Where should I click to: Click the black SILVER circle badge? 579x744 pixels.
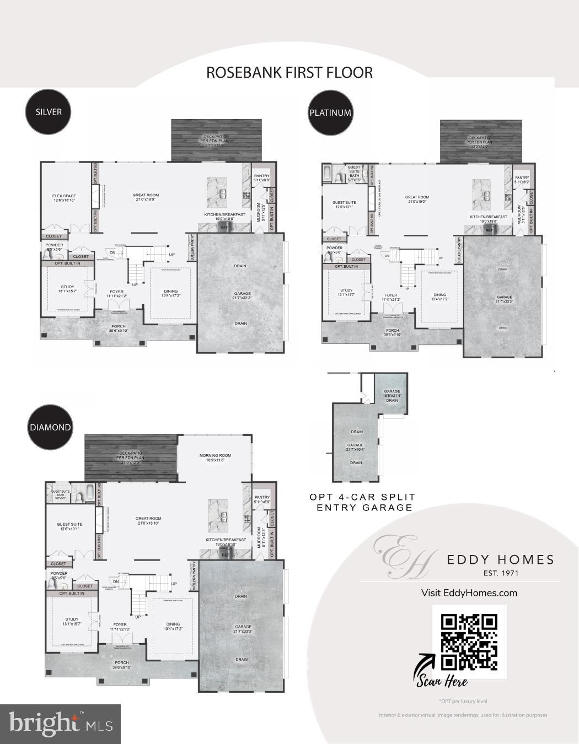click(49, 112)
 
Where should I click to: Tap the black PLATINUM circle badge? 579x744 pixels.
click(330, 113)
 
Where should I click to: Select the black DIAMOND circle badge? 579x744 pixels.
click(50, 428)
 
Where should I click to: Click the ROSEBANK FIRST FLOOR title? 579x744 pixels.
click(289, 73)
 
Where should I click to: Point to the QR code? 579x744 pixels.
click(469, 641)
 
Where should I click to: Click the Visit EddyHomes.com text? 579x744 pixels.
click(469, 593)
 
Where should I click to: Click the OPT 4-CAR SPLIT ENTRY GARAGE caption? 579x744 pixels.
click(362, 503)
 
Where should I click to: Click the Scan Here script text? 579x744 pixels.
click(442, 681)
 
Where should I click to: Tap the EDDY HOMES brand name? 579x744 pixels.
click(500, 560)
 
